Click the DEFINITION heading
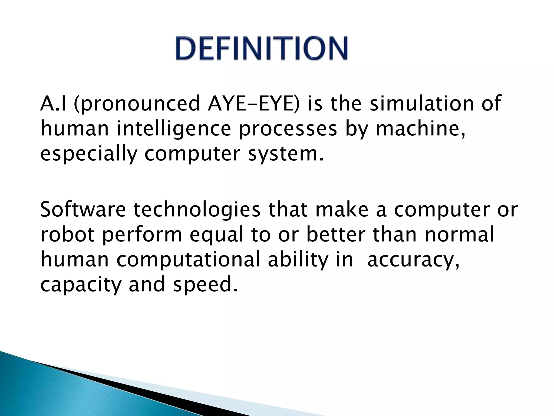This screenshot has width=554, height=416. tap(261, 48)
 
